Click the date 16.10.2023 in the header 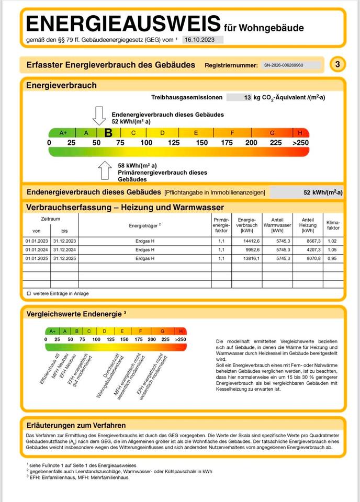pos(203,40)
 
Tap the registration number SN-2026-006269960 pos(291,65)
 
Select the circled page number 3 pos(337,65)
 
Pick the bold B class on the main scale pos(108,133)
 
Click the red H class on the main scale pos(300,133)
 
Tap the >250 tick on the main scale pos(300,143)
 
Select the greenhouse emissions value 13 pos(247,97)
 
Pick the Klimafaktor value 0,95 pos(333,258)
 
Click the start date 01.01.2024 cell pos(36,249)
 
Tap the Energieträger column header pos(145,225)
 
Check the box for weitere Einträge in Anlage pos(29,294)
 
